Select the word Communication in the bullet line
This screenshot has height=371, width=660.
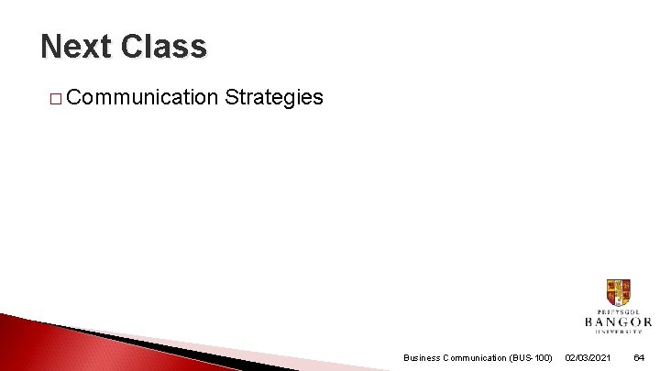(x=142, y=97)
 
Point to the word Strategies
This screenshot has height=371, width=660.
(x=273, y=97)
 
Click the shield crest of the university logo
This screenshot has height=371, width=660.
(x=618, y=292)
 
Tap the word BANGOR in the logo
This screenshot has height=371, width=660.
(x=618, y=322)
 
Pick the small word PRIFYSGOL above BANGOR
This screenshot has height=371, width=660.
(x=618, y=311)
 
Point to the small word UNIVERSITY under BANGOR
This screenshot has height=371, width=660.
(x=618, y=333)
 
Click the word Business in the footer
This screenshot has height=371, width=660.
(x=423, y=357)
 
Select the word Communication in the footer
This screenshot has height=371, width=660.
(x=477, y=357)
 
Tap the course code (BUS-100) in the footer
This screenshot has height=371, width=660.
(x=531, y=357)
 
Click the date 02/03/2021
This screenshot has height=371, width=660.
(x=589, y=357)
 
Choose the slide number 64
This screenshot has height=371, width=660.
(x=639, y=357)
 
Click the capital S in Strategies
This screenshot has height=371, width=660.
(x=230, y=97)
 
